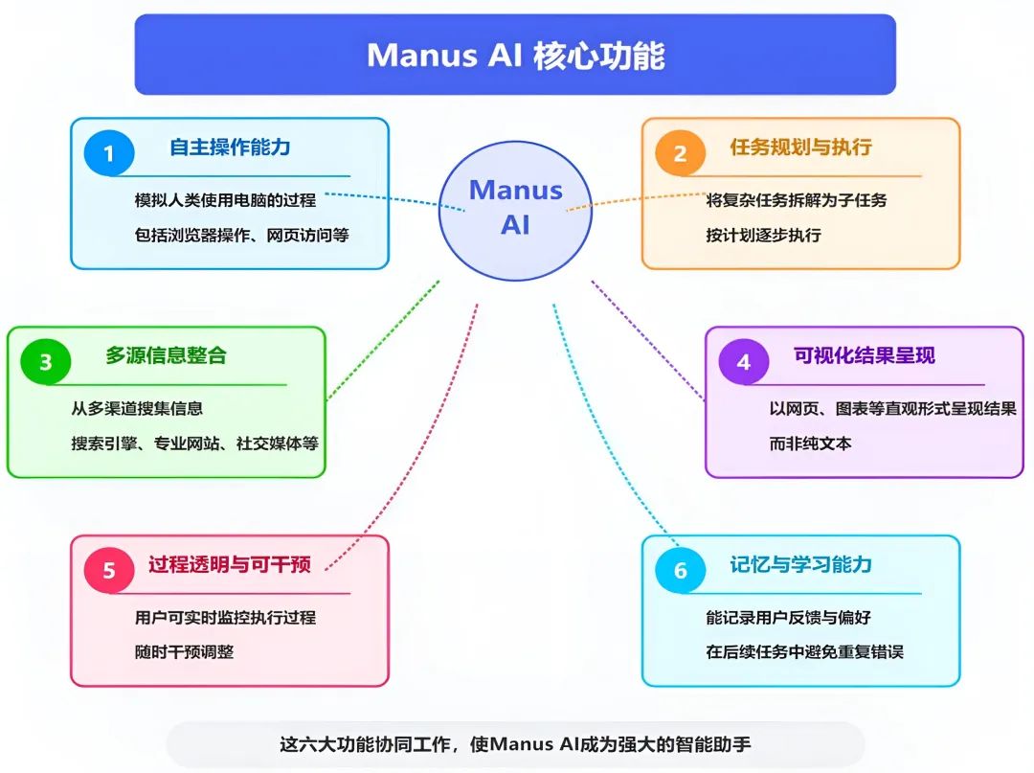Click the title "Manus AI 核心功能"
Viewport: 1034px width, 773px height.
515,55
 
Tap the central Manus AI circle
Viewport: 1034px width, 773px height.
515,208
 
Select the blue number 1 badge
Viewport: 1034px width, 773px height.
108,153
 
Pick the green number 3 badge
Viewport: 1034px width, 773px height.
45,362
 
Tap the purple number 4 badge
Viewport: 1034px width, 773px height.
743,362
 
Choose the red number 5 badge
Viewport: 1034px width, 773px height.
108,570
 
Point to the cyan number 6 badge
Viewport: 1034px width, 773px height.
680,570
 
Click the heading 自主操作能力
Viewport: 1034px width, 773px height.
230,148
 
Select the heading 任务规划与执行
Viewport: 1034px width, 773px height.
800,148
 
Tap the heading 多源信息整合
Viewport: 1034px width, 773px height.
166,355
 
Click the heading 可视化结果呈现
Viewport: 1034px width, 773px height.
864,355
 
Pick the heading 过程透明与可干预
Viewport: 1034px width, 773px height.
229,563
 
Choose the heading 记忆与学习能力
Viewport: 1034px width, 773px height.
800,563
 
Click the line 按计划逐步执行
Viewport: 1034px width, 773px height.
763,235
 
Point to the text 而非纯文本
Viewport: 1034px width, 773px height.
810,443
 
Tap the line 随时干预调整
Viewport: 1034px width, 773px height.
185,651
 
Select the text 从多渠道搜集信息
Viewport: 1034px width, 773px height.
137,408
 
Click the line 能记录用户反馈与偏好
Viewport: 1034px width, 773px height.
788,617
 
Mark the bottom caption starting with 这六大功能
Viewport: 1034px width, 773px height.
515,744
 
